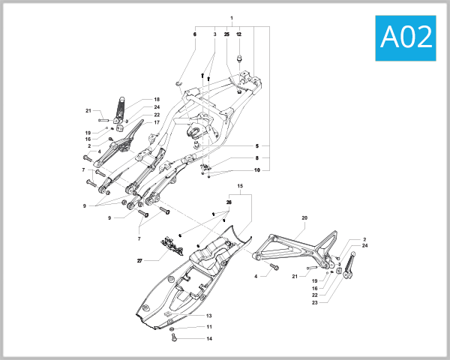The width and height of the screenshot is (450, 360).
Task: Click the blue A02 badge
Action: (406, 36)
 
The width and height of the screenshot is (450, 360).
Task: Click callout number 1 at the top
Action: (232, 18)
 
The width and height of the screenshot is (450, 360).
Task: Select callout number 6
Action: (195, 34)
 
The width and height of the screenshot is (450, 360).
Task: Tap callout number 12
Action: (239, 34)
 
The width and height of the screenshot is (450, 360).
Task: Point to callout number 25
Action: (226, 34)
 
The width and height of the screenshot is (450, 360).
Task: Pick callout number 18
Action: (157, 100)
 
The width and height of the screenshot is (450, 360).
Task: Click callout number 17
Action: (157, 122)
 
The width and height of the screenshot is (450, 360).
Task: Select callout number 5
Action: (256, 145)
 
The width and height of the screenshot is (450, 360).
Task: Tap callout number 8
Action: (256, 158)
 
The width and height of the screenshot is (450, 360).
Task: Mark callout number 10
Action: (256, 170)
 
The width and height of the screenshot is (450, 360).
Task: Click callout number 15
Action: (240, 185)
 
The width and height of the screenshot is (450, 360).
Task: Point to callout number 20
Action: (304, 218)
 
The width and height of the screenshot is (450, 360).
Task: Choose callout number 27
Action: (139, 261)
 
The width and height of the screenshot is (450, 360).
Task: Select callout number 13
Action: (210, 316)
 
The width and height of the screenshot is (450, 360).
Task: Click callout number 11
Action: (210, 327)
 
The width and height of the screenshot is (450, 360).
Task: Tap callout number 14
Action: (210, 339)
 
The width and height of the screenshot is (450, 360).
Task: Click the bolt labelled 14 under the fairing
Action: (174, 339)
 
